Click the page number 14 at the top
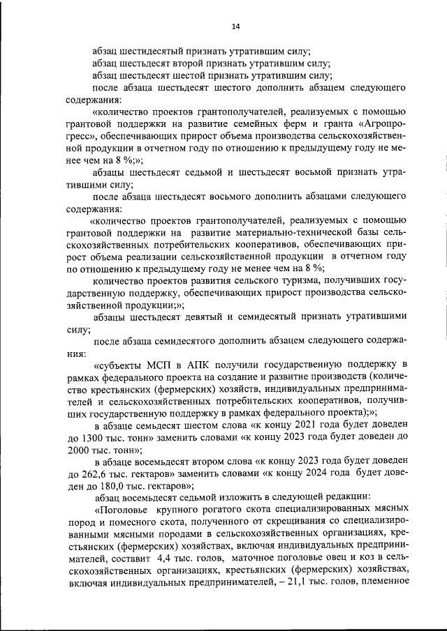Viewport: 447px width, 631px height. point(236,26)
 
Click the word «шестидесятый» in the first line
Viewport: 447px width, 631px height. point(154,51)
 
